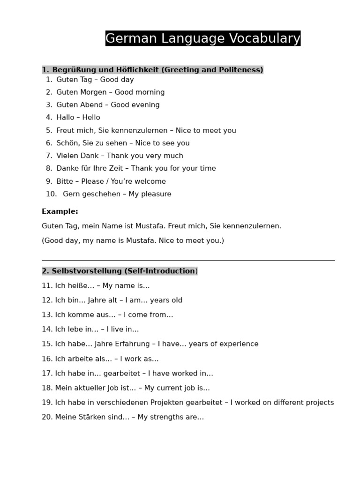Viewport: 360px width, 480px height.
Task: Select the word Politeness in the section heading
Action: [x=240, y=70]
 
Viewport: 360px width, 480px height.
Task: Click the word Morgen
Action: [x=96, y=92]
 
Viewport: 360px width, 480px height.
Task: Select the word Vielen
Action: [x=68, y=156]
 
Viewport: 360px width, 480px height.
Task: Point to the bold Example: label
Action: [x=60, y=211]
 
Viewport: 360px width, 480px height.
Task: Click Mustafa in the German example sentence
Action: [x=150, y=226]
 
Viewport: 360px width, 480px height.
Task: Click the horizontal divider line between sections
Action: [x=188, y=260]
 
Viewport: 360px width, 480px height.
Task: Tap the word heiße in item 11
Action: [x=77, y=285]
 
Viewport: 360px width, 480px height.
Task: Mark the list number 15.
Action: [x=47, y=344]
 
